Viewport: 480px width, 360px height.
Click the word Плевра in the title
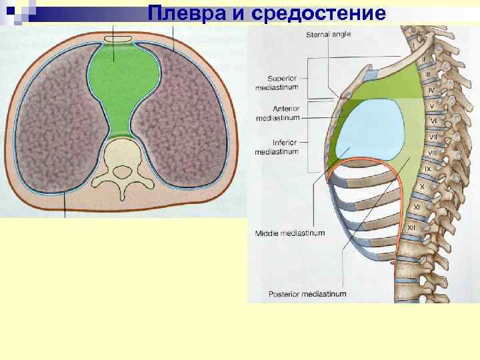pos(179,13)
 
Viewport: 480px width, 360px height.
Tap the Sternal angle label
pos(328,34)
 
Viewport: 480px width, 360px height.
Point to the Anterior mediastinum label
pos(277,113)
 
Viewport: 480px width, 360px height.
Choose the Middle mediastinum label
pos(289,233)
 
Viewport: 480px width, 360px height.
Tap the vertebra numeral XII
pos(411,228)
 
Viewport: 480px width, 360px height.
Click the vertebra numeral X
pos(421,187)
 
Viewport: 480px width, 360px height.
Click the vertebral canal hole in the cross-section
pos(123,171)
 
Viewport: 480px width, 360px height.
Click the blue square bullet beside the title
pos(9,10)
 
